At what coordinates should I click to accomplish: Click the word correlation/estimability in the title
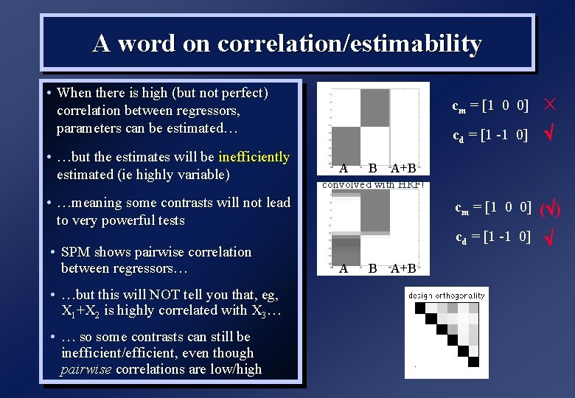[x=349, y=44]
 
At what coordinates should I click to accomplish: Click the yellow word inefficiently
[x=254, y=157]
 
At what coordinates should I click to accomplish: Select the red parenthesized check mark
[x=551, y=209]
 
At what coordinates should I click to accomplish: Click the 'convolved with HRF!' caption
[x=373, y=185]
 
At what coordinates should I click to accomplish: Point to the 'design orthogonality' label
[x=447, y=296]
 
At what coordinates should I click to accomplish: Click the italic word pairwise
[x=86, y=369]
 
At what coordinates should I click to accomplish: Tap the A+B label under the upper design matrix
[x=403, y=169]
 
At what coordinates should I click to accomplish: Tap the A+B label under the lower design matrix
[x=403, y=268]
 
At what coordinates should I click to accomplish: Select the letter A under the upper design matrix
[x=344, y=169]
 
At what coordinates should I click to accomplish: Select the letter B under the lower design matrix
[x=372, y=268]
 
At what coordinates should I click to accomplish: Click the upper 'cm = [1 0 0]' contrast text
[x=489, y=105]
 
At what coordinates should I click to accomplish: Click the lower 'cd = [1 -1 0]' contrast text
[x=492, y=237]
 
